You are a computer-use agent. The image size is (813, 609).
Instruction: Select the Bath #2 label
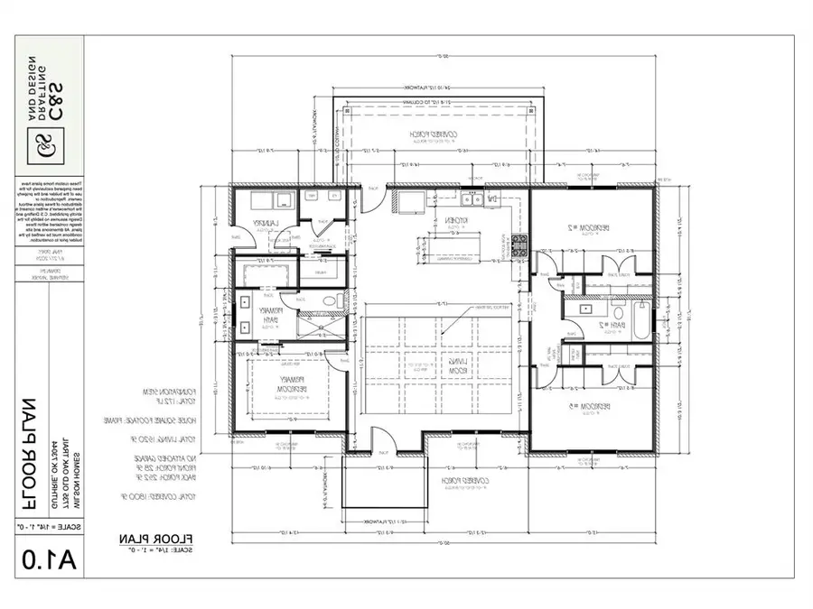(x=617, y=324)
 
